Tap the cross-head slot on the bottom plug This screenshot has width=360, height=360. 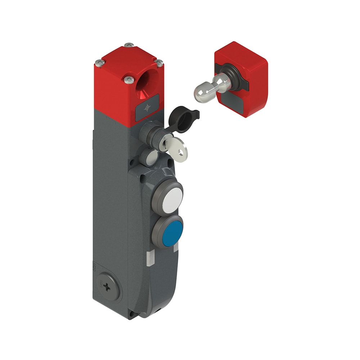click(x=108, y=287)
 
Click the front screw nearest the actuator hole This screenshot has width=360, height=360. click(x=128, y=79)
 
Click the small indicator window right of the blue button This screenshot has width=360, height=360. click(x=176, y=248)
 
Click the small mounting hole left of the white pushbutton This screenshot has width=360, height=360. click(x=144, y=177)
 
